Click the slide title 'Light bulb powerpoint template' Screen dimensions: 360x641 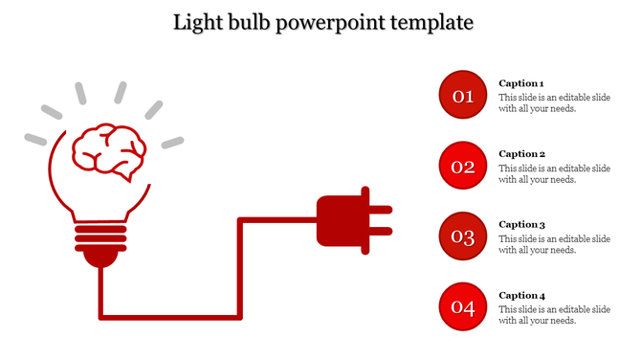pos(323,21)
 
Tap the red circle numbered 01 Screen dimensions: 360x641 pos(463,96)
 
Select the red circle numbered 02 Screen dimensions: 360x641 pos(463,167)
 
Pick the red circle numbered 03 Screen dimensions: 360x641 pos(463,236)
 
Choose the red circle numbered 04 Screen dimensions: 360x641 pos(463,307)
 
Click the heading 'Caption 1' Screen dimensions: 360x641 pos(521,83)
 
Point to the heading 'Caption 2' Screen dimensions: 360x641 pos(521,154)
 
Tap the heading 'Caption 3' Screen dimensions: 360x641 pos(521,224)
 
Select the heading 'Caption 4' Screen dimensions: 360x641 pos(521,295)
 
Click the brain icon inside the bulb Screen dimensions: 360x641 pos(110,151)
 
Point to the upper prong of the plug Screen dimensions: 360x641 pos(380,208)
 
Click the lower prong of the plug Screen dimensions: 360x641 pos(380,230)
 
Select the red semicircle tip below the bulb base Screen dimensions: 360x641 pos(99,256)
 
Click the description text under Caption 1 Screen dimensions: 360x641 pos(554,102)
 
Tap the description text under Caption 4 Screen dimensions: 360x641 pos(554,314)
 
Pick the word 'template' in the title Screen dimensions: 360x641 pos(431,21)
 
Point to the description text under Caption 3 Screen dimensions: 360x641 pos(554,244)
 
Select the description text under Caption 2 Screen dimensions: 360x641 pos(554,173)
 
